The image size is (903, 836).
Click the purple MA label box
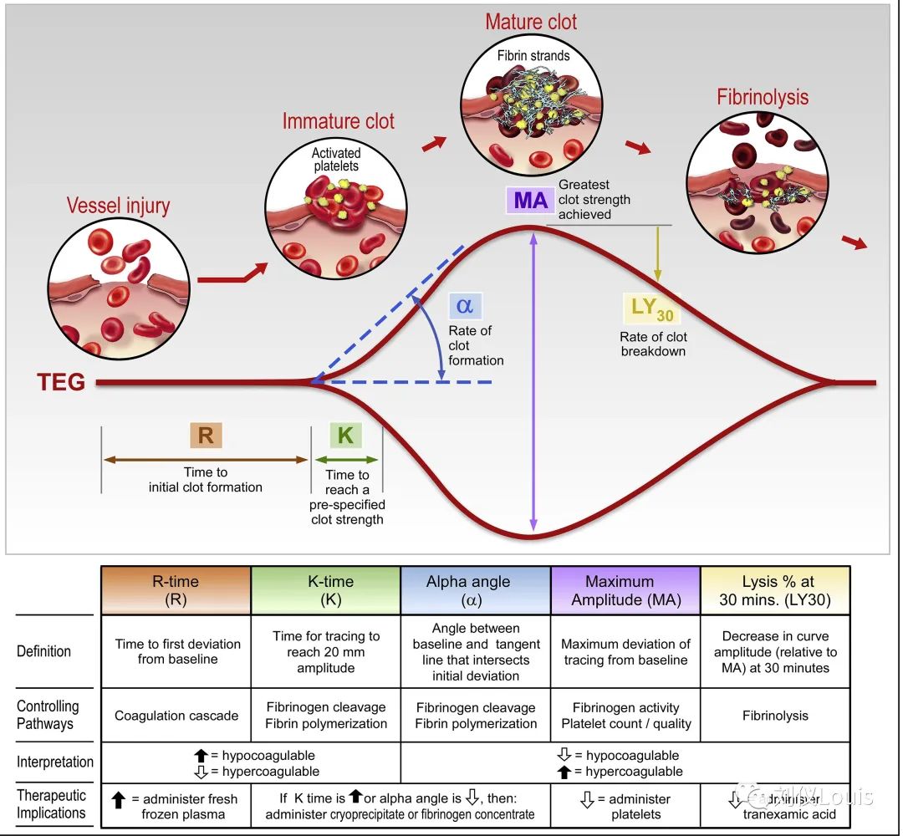(530, 200)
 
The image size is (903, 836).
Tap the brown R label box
(205, 435)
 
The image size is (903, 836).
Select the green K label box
(345, 435)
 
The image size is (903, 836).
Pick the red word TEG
(61, 382)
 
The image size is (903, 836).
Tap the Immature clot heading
(338, 121)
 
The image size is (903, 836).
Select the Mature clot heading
(531, 22)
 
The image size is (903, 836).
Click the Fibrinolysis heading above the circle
(763, 97)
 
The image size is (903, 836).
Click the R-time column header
(176, 590)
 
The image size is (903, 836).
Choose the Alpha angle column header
(476, 590)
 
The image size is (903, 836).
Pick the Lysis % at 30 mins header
(775, 590)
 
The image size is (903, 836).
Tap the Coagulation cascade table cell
(176, 716)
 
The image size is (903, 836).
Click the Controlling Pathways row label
(48, 715)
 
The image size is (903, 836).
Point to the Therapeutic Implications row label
(51, 805)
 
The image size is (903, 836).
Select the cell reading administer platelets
(625, 806)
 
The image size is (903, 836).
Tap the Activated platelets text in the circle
(335, 160)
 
